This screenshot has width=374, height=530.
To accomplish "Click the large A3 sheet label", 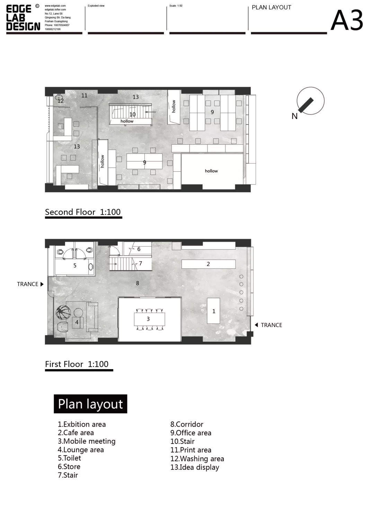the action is (347, 20).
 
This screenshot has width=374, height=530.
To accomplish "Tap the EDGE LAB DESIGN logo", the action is (23, 18).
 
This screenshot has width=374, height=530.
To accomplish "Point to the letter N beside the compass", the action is (294, 116).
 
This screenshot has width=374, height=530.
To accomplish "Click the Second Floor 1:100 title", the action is (83, 212).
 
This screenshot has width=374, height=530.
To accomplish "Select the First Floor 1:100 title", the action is (77, 364).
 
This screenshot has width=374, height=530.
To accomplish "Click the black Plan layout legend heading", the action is (90, 404).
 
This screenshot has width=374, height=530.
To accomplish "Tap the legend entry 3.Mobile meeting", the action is (87, 441).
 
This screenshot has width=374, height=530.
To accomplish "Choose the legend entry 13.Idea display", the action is (195, 467).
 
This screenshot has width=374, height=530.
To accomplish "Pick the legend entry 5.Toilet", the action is (69, 458).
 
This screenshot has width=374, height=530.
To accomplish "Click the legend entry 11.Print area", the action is (191, 450).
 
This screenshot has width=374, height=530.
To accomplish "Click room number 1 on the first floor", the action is (214, 311).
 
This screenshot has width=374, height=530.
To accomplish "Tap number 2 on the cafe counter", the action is (208, 264).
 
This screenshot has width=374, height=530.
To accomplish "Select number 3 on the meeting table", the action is (148, 319).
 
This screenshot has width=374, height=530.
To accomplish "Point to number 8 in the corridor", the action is (137, 283).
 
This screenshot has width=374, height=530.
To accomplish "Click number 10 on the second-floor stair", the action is (132, 114).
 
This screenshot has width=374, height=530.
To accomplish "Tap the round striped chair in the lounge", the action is (63, 312).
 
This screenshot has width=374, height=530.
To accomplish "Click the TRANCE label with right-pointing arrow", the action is (30, 284).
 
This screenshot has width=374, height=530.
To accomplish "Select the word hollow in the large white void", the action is (211, 171).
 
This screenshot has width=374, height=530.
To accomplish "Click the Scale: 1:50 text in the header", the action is (176, 6).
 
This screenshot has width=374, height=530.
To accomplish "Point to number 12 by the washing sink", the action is (61, 101).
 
